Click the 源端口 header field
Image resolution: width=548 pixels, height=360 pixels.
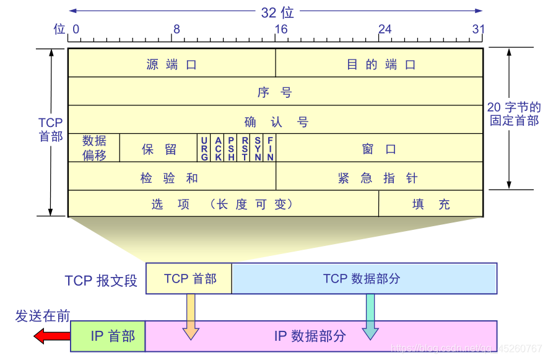[x=172, y=63]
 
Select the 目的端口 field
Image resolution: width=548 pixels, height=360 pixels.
[x=380, y=63]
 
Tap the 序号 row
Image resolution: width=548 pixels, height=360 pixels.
[x=275, y=92]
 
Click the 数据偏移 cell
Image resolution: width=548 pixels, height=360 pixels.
[x=94, y=148]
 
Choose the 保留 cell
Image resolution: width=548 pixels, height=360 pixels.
[x=159, y=148]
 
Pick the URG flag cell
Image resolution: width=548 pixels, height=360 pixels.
[x=204, y=148]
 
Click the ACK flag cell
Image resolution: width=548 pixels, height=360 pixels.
[x=218, y=148]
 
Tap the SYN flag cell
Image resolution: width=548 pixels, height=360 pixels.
[x=258, y=148]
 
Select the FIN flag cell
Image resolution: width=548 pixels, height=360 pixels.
[x=270, y=148]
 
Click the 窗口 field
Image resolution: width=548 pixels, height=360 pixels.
[x=380, y=148]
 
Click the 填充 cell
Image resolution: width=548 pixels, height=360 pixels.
[x=431, y=204]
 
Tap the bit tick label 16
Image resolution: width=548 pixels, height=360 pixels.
[x=281, y=29]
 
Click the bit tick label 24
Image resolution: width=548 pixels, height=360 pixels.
[x=385, y=29]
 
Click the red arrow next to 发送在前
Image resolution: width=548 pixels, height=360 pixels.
[x=52, y=336]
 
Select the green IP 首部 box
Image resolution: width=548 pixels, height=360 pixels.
[x=108, y=336]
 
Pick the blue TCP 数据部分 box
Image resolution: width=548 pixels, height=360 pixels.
[x=364, y=278]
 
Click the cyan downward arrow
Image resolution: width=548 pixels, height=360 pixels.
[x=370, y=317]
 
